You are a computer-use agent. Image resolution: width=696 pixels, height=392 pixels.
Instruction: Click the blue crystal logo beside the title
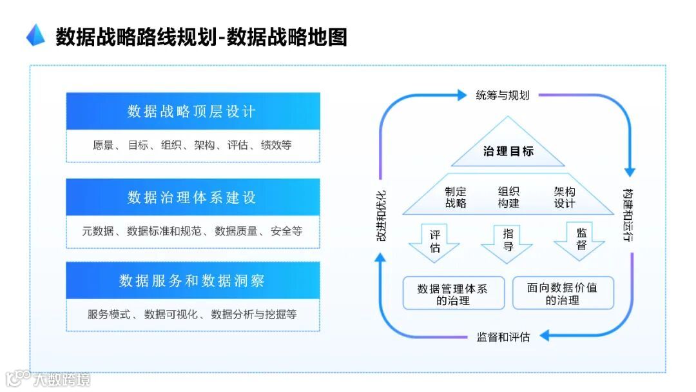pos(35,35)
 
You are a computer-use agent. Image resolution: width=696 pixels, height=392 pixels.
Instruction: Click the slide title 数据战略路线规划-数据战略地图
pos(201,37)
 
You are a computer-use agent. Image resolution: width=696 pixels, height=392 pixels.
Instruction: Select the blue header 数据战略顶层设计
pos(193,112)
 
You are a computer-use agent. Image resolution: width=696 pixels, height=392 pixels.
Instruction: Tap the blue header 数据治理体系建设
pos(193,197)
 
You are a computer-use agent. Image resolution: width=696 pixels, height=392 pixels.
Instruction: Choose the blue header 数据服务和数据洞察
pos(193,280)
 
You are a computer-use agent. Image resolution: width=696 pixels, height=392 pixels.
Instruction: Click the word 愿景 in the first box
pos(103,146)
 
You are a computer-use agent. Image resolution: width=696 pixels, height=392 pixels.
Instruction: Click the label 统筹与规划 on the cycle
pos(503,95)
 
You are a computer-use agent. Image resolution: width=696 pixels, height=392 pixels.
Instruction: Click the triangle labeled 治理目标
pos(508,148)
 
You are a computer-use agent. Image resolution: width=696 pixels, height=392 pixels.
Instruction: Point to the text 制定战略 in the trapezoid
pos(456,197)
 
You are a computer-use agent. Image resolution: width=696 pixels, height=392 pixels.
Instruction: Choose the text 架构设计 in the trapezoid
pos(565,197)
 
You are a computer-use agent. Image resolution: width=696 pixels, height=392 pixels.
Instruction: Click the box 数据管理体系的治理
pos(452,294)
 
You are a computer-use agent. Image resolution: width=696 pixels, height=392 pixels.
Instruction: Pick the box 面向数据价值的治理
pos(562,293)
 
